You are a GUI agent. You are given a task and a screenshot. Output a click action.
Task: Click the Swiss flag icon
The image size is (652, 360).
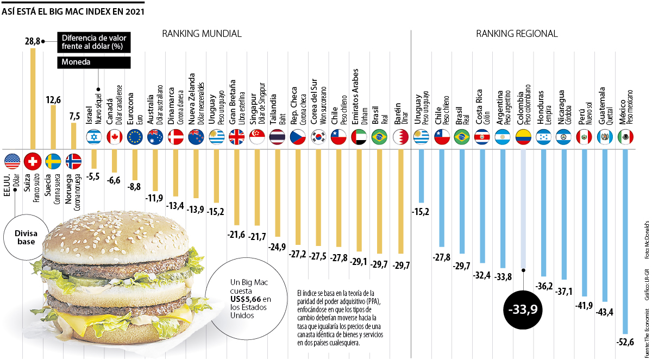click(x=34, y=161)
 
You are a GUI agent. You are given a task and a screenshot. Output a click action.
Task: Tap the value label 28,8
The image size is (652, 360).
click(x=33, y=41)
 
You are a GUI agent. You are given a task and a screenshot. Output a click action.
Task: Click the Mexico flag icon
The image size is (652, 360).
click(x=626, y=137)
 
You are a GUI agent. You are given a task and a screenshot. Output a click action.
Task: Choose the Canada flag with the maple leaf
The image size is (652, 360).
click(x=114, y=137)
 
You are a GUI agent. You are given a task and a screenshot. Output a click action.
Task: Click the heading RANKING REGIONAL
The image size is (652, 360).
click(x=517, y=34)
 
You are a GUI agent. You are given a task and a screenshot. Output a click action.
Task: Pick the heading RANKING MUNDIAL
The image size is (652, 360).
click(x=202, y=34)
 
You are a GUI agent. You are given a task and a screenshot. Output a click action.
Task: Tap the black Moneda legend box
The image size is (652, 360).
click(x=93, y=62)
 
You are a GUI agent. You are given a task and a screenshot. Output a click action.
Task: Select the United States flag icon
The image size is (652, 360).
click(x=12, y=161)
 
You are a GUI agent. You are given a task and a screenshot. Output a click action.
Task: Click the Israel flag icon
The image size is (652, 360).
click(x=94, y=137)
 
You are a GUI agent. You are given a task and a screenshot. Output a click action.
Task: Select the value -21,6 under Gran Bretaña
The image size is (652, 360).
click(x=236, y=234)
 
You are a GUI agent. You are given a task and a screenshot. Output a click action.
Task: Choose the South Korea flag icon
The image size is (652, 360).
click(x=318, y=137)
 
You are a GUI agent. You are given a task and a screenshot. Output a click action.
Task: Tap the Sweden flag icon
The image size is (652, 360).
click(x=53, y=161)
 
